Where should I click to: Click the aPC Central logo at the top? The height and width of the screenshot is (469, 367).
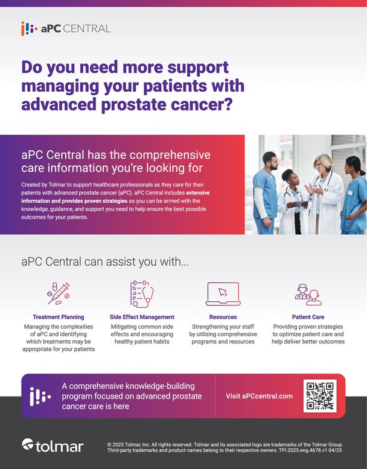pos(66,28)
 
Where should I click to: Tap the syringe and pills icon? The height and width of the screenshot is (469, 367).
pos(59,293)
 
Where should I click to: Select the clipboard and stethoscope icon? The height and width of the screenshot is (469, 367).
pos(142,294)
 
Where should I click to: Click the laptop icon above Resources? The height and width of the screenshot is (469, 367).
pos(223,294)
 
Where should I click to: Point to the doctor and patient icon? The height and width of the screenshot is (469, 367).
pos(308,295)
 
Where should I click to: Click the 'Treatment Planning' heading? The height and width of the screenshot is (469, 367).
pos(59,317)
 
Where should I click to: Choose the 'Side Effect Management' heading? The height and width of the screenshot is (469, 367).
pos(142,317)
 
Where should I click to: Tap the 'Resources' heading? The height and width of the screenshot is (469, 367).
pos(223,317)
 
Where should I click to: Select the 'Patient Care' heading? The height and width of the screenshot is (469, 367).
pos(308,317)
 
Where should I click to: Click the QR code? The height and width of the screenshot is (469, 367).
pos(320,396)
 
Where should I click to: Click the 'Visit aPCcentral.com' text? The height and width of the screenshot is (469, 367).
pos(260,396)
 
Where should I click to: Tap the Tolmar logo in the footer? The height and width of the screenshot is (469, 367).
pos(53,446)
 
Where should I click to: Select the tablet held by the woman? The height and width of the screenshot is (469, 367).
pos(300,203)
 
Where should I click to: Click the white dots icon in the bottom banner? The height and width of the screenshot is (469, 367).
pos(40,397)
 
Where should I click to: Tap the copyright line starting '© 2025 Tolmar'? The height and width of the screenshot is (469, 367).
pos(225,444)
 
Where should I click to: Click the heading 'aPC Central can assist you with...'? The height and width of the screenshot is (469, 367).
pos(105,262)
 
